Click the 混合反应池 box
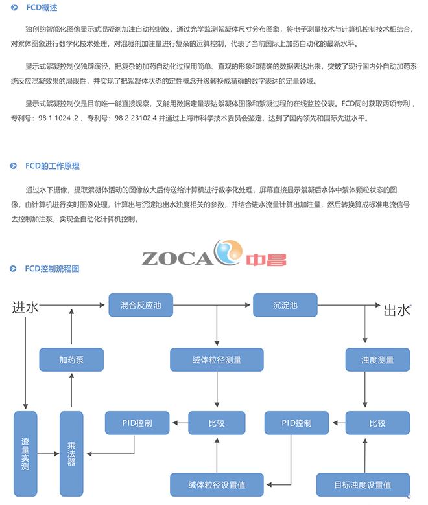pyautogui.click(x=140, y=304)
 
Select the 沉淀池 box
pyautogui.click(x=284, y=304)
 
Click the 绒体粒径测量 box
pyautogui.click(x=217, y=359)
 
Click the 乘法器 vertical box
pyautogui.click(x=72, y=453)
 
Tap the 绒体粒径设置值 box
pyautogui.click(x=217, y=484)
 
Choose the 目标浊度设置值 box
pyautogui.click(x=363, y=484)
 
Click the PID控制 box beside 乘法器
pyautogui.click(x=137, y=423)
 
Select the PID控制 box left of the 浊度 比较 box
pyautogui.click(x=297, y=423)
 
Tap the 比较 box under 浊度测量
pyautogui.click(x=377, y=423)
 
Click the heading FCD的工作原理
pyautogui.click(x=52, y=166)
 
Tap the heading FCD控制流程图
pyautogui.click(x=51, y=267)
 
